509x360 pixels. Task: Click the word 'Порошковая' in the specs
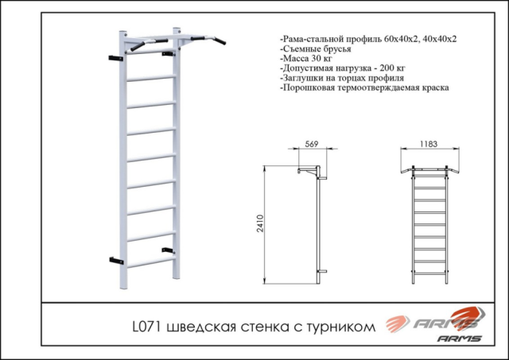309,90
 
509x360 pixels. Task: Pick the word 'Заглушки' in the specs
305,79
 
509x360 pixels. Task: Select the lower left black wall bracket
116,259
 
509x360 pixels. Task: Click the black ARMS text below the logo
459,339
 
